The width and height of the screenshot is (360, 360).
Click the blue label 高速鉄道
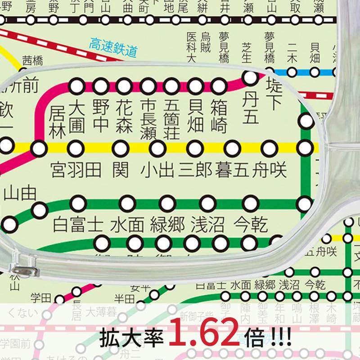(x=112, y=48)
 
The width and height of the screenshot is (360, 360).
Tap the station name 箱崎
(x=219, y=116)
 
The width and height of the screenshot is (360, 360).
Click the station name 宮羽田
(x=76, y=170)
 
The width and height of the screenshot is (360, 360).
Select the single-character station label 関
(x=120, y=170)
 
